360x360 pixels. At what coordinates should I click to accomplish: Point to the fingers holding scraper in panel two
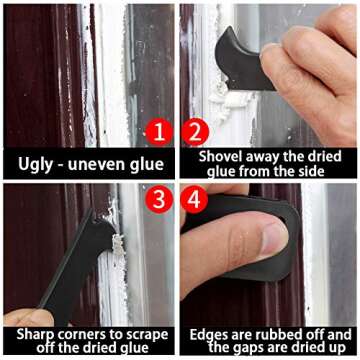(320, 70)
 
